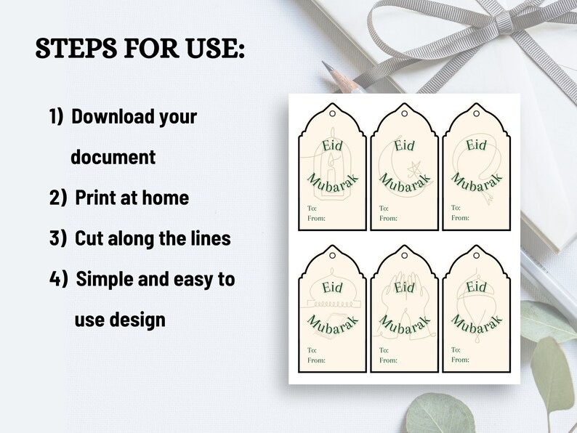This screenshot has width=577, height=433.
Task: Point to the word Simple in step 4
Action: tap(109, 278)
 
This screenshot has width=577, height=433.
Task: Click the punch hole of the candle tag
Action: tap(333, 113)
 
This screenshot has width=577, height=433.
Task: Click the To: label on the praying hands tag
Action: tap(384, 349)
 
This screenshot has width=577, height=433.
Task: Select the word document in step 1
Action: tap(113, 156)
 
